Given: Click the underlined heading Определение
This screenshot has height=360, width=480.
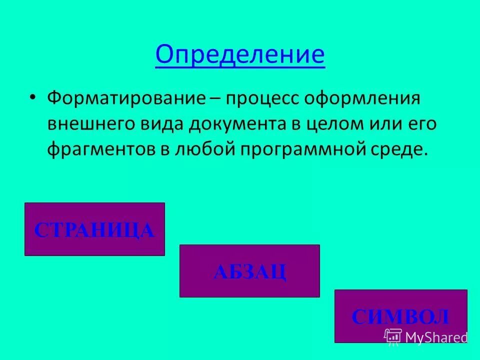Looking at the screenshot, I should click(240, 54).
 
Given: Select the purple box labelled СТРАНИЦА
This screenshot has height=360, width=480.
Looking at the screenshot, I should click(94, 229).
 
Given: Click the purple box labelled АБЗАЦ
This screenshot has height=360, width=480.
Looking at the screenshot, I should click(249, 271).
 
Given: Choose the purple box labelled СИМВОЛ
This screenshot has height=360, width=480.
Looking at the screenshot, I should click(400, 316).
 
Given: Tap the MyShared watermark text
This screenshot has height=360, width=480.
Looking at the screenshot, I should click(436, 337).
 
